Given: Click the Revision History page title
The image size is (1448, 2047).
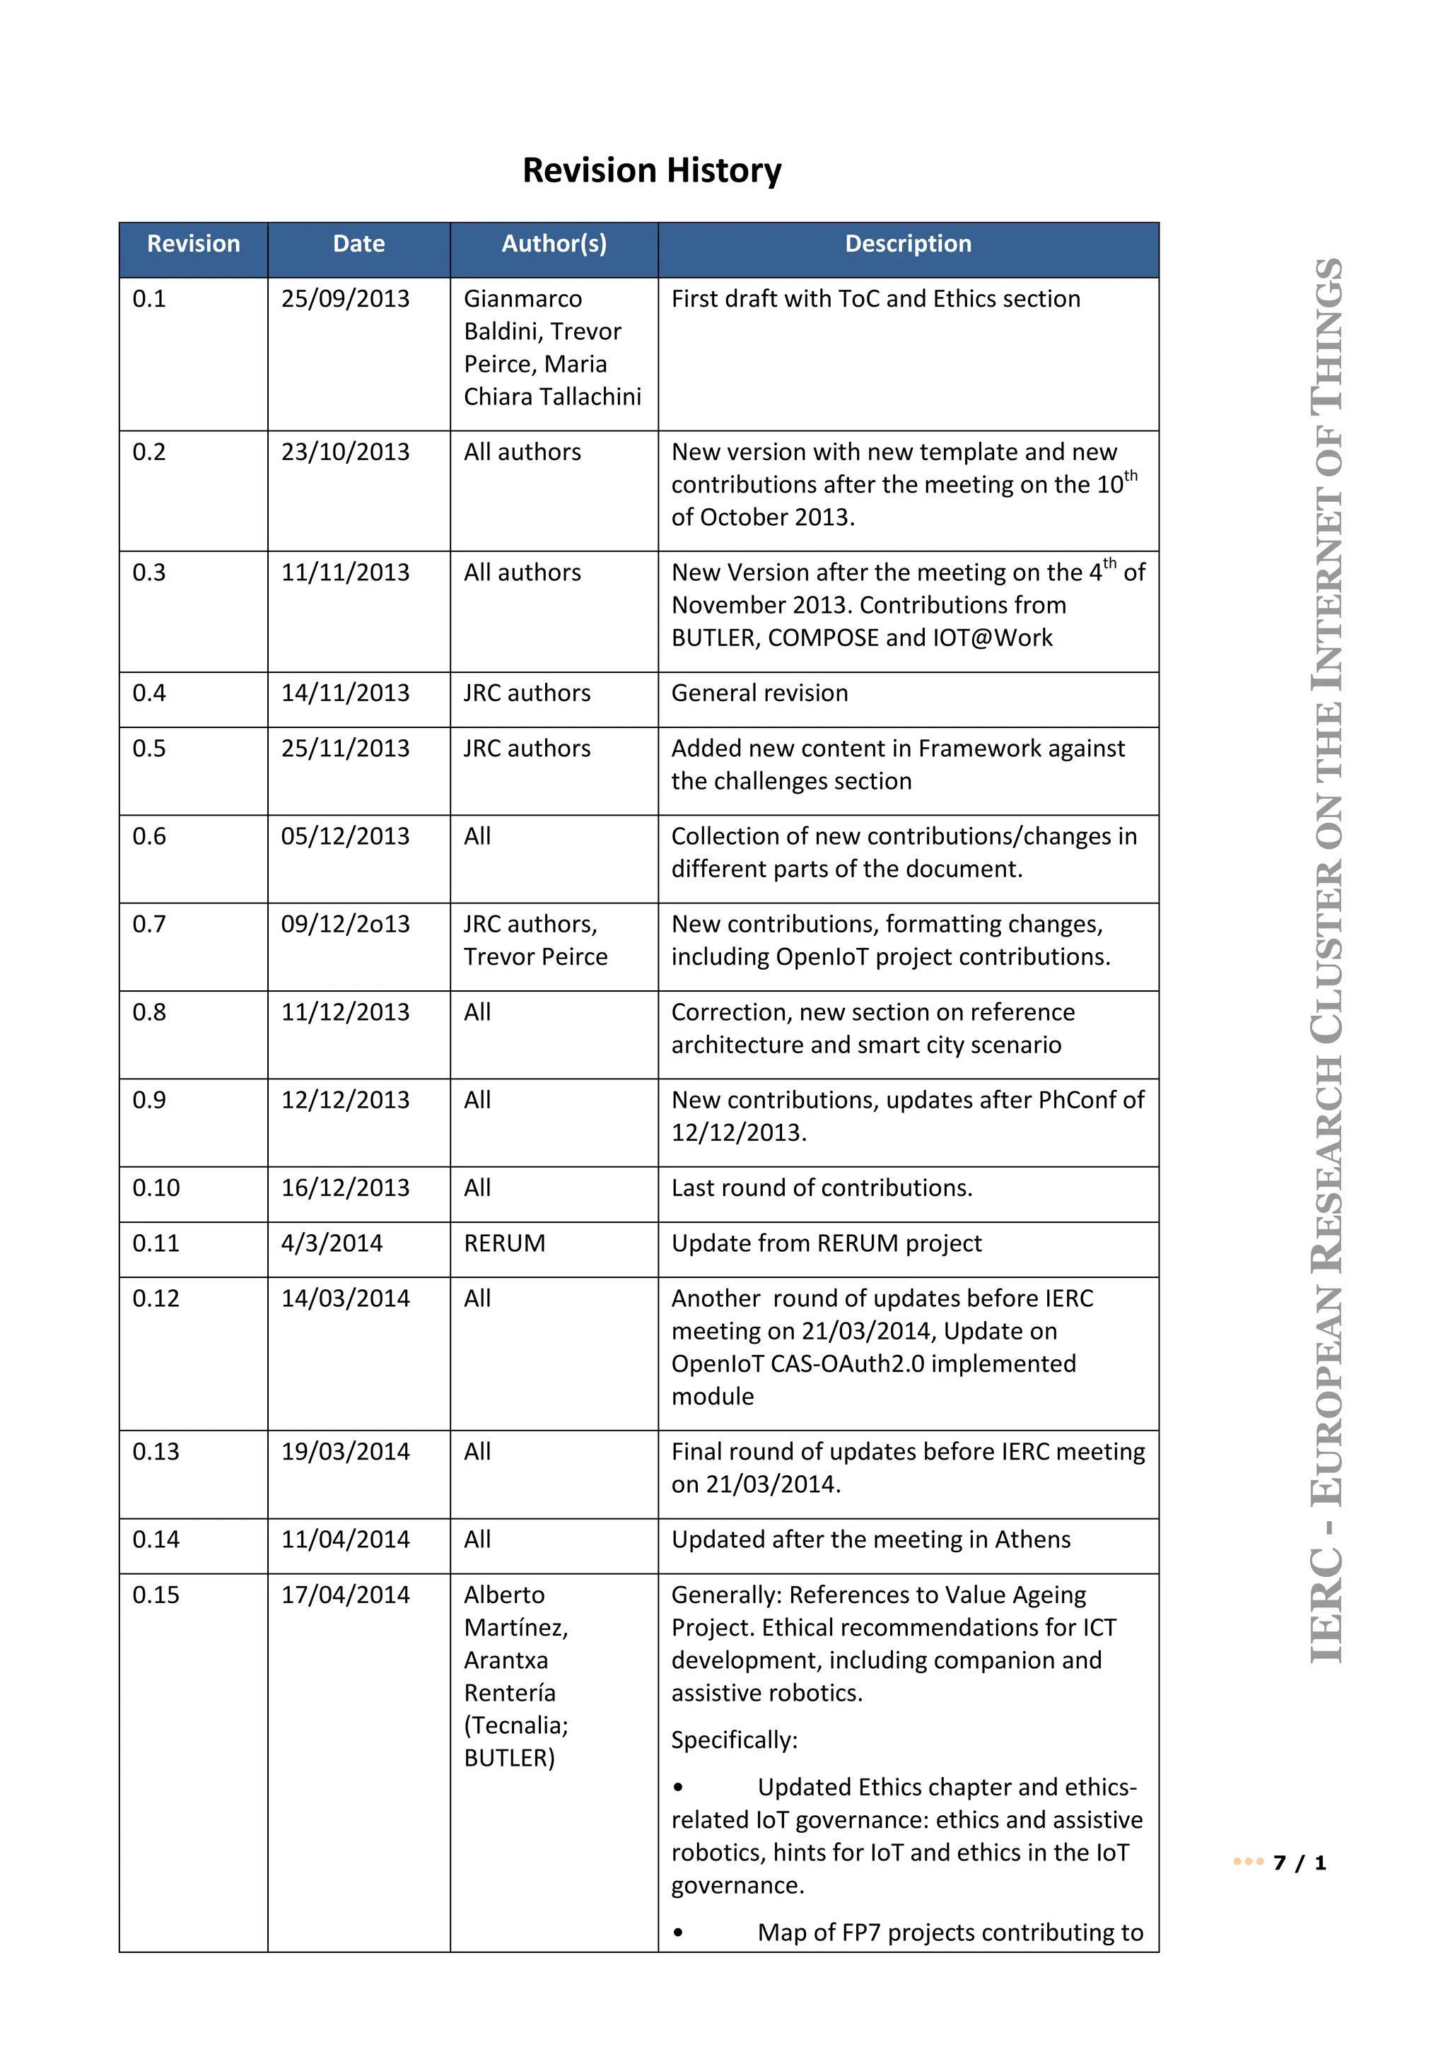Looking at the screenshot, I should [652, 170].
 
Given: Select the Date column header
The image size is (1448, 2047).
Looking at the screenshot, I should [358, 245].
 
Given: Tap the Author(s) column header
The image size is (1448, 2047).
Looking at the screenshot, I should [554, 245].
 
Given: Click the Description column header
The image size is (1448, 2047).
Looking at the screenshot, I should [908, 245].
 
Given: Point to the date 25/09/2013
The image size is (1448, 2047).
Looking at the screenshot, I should [345, 299].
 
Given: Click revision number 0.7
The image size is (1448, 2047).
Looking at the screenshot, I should [149, 925].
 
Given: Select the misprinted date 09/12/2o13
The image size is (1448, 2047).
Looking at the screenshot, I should [345, 925].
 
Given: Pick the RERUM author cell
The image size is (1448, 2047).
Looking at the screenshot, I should [504, 1244].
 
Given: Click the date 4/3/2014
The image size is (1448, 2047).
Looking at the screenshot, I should [332, 1244].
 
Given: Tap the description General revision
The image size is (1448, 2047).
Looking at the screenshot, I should [759, 693].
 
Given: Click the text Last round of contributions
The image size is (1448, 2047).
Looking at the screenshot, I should [821, 1188].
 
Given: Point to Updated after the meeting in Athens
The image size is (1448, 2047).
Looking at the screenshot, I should [870, 1539].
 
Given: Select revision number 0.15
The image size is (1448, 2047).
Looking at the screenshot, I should [156, 1595].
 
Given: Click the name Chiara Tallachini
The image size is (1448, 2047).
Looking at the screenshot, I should [552, 397].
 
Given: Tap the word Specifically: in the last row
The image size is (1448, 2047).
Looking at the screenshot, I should [734, 1740].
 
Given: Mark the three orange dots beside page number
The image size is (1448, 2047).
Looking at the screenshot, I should [1247, 1862].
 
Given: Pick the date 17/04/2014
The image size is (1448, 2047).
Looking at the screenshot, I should [345, 1595].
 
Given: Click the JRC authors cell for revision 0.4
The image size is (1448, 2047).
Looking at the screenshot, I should [526, 693].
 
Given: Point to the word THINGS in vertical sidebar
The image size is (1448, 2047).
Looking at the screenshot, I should [1326, 334].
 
